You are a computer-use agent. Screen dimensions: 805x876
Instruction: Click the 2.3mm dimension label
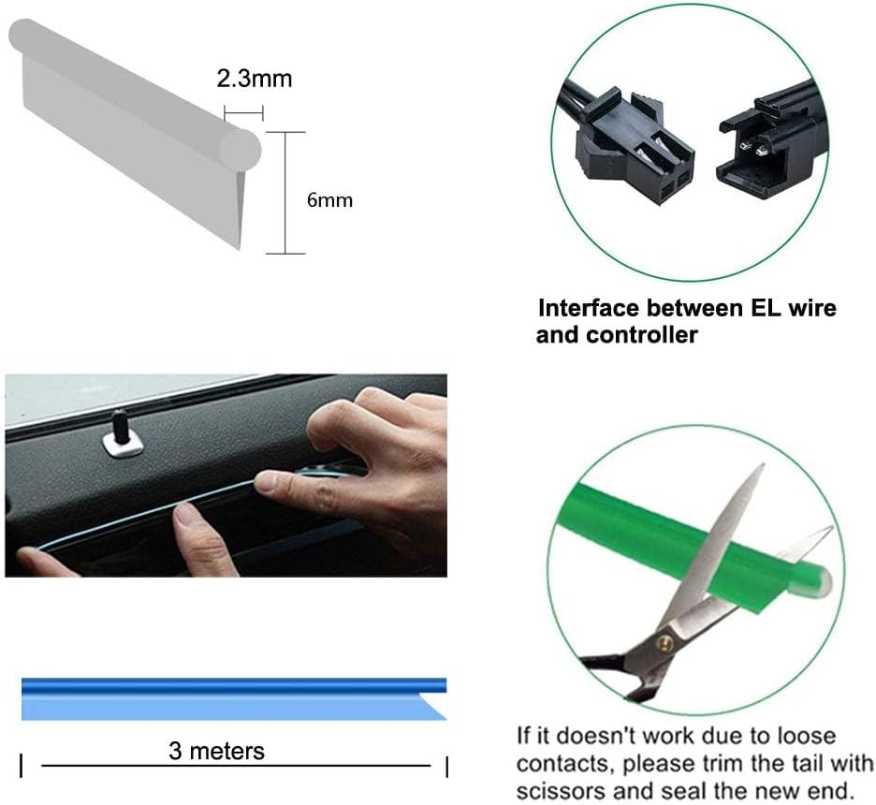pyautogui.click(x=254, y=79)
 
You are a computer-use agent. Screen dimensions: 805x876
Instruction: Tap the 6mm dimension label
pyautogui.click(x=329, y=199)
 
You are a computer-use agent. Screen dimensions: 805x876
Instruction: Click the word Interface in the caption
pyautogui.click(x=588, y=307)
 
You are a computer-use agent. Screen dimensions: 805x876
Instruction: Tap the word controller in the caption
pyautogui.click(x=645, y=334)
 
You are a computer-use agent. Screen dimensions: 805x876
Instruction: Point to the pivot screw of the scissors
pyautogui.click(x=665, y=642)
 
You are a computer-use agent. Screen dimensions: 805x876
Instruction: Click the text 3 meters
pyautogui.click(x=217, y=751)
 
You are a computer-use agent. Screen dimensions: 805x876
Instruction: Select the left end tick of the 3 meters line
pyautogui.click(x=22, y=766)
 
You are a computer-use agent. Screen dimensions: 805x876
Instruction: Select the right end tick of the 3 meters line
pyautogui.click(x=446, y=766)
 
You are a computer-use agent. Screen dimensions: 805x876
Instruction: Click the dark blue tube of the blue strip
pyautogui.click(x=234, y=686)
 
